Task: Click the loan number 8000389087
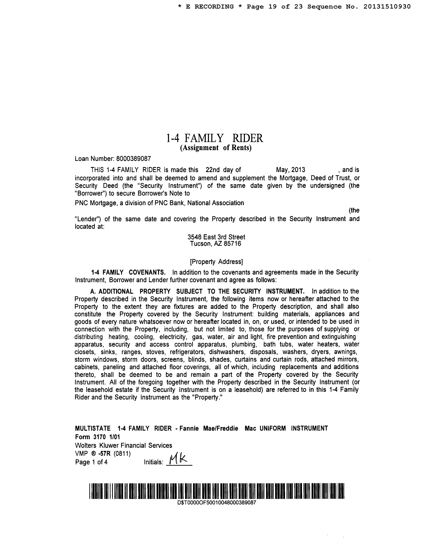click(x=134, y=159)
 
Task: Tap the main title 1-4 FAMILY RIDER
click(x=214, y=138)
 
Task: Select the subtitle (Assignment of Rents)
click(x=216, y=148)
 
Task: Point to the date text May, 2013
click(x=290, y=170)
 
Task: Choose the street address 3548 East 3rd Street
click(x=216, y=237)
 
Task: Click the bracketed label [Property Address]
click(x=216, y=262)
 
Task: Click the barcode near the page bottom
click(x=217, y=491)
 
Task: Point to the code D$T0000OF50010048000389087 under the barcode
click(x=217, y=503)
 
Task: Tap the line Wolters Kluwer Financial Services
click(x=124, y=446)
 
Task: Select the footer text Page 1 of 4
click(x=91, y=462)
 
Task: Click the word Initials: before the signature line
click(x=153, y=462)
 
